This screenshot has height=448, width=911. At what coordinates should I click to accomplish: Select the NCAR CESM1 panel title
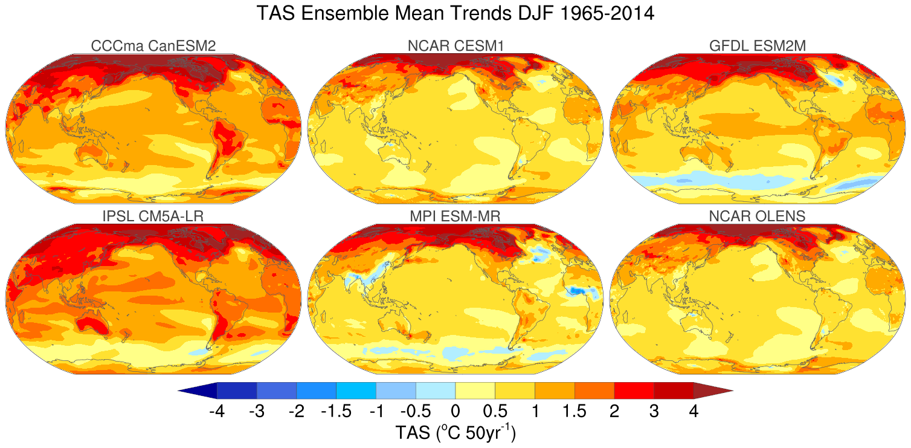click(x=455, y=45)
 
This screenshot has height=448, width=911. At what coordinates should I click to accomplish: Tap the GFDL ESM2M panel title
click(x=758, y=45)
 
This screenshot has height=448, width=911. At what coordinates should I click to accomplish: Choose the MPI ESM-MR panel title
click(x=455, y=216)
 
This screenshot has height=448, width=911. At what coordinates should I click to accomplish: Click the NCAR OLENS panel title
click(x=758, y=216)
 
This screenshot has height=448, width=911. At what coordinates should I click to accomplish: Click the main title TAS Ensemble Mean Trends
click(x=455, y=13)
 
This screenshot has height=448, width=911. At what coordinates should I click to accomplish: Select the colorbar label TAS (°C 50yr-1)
click(x=455, y=432)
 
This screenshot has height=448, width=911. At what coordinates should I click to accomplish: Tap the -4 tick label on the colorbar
click(x=217, y=412)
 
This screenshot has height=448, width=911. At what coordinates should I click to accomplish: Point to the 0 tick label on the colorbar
click(x=455, y=412)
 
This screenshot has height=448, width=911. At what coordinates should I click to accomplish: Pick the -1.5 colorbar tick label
click(x=336, y=412)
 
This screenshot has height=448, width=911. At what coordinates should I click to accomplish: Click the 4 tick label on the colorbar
click(x=694, y=412)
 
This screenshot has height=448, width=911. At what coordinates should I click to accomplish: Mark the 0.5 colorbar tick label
click(x=495, y=412)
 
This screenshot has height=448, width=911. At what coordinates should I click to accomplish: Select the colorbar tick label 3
click(x=654, y=412)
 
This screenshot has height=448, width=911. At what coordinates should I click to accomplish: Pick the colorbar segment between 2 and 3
click(x=634, y=391)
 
